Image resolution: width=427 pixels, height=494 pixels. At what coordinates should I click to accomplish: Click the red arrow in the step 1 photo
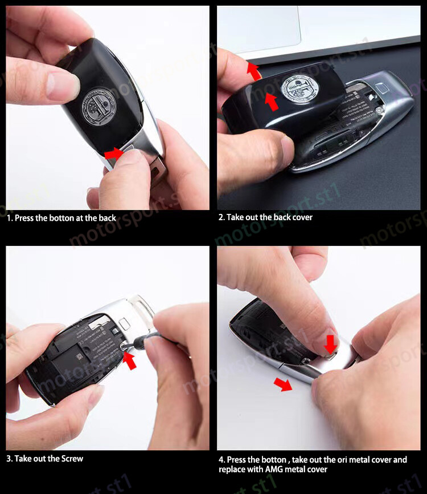[114, 153]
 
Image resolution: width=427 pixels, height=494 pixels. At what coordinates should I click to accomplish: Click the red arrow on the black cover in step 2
[272, 102]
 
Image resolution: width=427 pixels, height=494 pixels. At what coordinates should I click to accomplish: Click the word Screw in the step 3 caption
[72, 459]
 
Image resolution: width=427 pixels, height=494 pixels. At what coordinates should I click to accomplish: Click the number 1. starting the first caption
[10, 218]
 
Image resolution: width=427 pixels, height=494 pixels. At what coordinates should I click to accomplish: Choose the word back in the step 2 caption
[281, 217]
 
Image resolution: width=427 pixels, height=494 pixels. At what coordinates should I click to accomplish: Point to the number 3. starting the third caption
[10, 459]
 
